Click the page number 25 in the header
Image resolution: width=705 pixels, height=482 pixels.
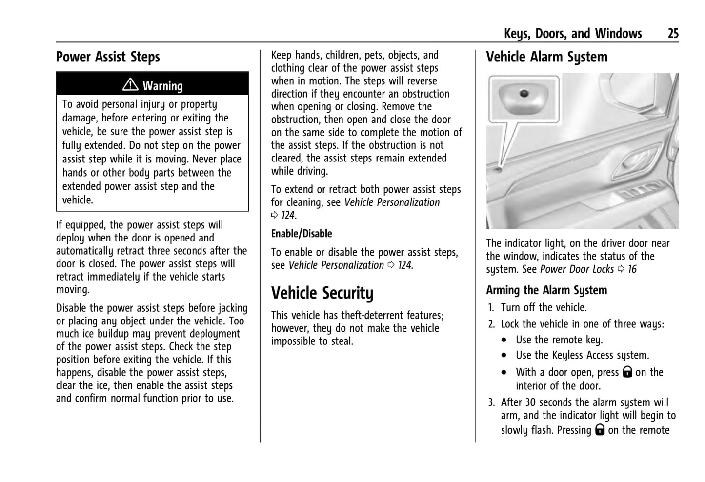click(x=673, y=33)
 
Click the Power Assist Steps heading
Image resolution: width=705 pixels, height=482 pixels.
click(x=108, y=57)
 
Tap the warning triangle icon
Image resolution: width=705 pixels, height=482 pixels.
click(x=130, y=85)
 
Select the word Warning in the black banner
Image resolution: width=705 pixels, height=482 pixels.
click(x=162, y=86)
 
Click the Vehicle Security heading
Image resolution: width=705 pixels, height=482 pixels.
click(x=322, y=293)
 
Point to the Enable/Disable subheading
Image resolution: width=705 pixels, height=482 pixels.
click(x=302, y=234)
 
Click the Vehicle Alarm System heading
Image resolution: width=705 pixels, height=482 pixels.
click(x=546, y=57)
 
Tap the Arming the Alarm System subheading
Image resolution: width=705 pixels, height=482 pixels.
click(x=546, y=290)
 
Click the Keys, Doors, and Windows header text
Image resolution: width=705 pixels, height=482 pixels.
click(x=573, y=33)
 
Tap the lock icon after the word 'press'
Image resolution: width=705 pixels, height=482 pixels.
click(x=627, y=372)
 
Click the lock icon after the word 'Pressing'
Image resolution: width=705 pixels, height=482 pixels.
click(x=600, y=430)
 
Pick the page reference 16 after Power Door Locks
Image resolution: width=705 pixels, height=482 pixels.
click(x=632, y=269)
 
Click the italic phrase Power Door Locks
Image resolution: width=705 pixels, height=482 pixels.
click(x=577, y=269)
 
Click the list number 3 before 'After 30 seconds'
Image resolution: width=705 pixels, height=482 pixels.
click(x=491, y=403)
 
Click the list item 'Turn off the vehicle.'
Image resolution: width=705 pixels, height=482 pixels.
click(x=544, y=308)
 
